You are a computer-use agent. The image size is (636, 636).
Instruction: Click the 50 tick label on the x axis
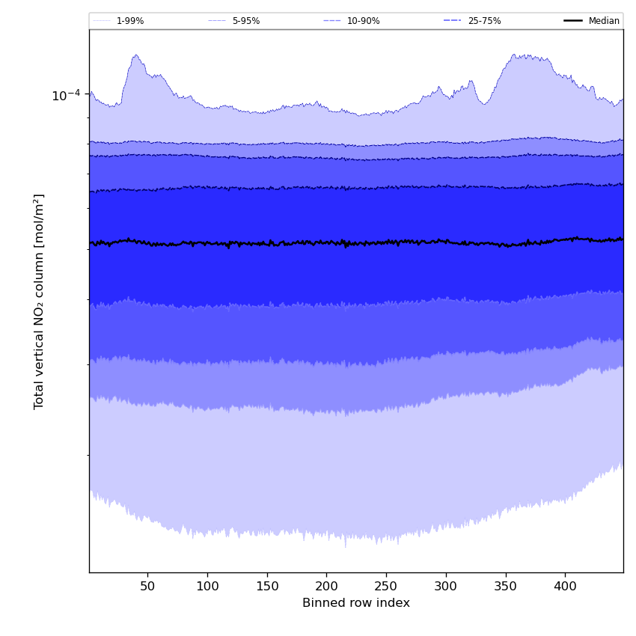coord(147,586)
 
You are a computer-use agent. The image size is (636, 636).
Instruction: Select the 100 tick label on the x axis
coord(207,586)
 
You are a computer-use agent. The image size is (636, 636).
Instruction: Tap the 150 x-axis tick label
coord(267,586)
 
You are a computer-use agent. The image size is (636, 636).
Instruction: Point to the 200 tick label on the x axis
coord(326,586)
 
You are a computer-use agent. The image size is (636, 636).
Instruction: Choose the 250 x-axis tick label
coord(386,586)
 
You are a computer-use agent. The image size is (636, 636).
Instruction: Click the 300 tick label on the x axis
coord(446,586)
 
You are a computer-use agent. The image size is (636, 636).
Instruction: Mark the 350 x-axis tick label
coord(506,586)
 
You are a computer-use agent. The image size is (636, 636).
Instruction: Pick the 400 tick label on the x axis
coord(565,586)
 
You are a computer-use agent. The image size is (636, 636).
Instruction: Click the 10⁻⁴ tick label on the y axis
coord(66,95)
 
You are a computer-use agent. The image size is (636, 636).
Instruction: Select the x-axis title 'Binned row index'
coord(356,603)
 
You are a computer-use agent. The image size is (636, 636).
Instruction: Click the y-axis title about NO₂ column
coord(40,302)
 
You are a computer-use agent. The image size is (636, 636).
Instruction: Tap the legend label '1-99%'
coord(130,21)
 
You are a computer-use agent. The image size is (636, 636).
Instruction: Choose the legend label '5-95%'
coord(246,21)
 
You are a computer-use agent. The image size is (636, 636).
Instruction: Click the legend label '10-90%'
coord(363,21)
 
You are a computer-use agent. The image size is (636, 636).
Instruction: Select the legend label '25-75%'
coord(484,21)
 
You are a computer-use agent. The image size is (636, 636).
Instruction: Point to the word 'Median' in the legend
coord(604,21)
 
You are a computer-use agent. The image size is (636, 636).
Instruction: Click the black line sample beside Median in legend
coord(573,21)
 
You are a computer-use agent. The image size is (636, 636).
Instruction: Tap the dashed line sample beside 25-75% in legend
coord(453,21)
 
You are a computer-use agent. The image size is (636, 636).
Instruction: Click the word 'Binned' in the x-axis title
coord(322,603)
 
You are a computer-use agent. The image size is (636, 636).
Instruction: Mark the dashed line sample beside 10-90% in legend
coord(332,21)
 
